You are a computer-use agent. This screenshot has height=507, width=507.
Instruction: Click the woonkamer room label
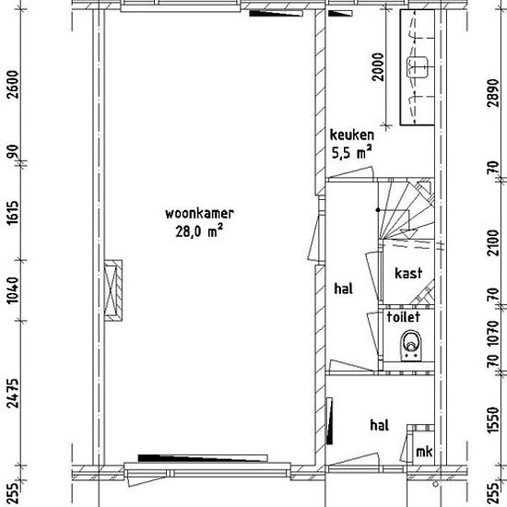pyautogui.click(x=199, y=214)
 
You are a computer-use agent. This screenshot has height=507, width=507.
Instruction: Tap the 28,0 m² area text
pyautogui.click(x=199, y=231)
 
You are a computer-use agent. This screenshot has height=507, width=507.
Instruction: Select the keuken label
pyautogui.click(x=352, y=135)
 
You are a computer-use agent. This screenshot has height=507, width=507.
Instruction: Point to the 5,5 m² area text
pyautogui.click(x=351, y=152)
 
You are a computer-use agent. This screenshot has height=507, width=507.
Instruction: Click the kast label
pyautogui.click(x=408, y=273)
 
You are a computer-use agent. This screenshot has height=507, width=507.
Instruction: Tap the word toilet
pyautogui.click(x=404, y=317)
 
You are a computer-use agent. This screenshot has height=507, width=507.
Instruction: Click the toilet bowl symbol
pyautogui.click(x=411, y=346)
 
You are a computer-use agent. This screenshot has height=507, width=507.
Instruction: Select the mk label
pyautogui.click(x=424, y=452)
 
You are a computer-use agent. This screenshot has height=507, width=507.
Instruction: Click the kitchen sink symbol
pyautogui.click(x=417, y=67)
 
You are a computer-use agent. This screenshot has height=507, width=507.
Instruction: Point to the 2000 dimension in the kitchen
pyautogui.click(x=378, y=67)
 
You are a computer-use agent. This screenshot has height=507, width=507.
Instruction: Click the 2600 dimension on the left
pyautogui.click(x=13, y=85)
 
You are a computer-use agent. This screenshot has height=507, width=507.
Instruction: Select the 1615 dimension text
pyautogui.click(x=13, y=213)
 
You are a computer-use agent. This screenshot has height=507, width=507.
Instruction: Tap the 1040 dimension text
pyautogui.click(x=13, y=290)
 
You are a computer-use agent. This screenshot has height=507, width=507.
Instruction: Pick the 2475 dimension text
pyautogui.click(x=13, y=394)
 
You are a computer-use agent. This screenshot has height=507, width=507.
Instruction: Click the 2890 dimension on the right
pyautogui.click(x=493, y=92)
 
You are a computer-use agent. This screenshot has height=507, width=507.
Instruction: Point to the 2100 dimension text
pyautogui.click(x=493, y=242)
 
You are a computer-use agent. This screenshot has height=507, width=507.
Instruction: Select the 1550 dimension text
pyautogui.click(x=493, y=419)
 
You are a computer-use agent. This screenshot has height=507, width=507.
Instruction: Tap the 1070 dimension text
pyautogui.click(x=493, y=333)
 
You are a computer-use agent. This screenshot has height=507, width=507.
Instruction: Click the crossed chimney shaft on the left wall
pyautogui.click(x=112, y=290)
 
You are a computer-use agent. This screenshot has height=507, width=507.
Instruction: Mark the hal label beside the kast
pyautogui.click(x=344, y=289)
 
